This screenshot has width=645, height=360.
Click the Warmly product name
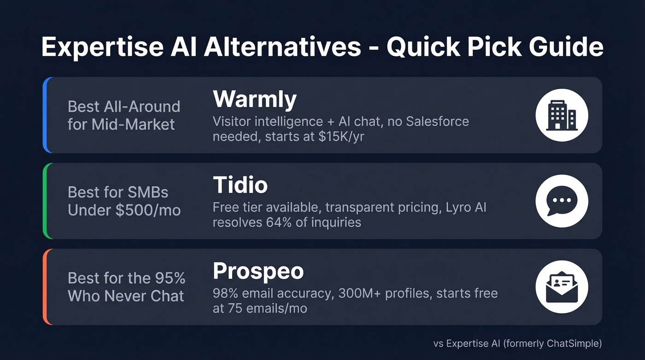click(254, 99)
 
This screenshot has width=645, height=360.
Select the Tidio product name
click(240, 185)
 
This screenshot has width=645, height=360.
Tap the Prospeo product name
click(258, 271)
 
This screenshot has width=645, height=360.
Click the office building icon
click(561, 115)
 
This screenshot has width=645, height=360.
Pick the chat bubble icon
click(561, 201)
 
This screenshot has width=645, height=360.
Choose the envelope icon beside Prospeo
click(561, 287)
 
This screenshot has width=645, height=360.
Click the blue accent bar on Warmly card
click(45, 115)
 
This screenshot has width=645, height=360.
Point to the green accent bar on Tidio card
click(45, 201)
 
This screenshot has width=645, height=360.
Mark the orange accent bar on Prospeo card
click(45, 287)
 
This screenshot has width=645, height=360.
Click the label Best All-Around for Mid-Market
click(123, 115)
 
